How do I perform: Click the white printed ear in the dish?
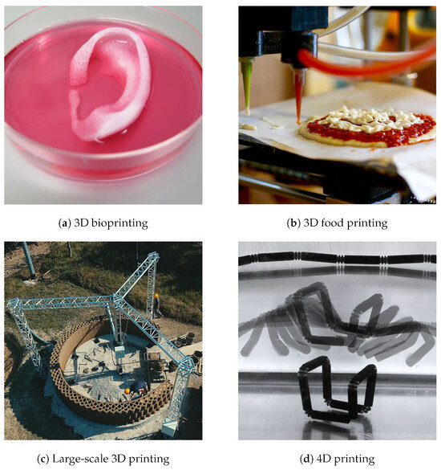pyautogui.click(x=112, y=80)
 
